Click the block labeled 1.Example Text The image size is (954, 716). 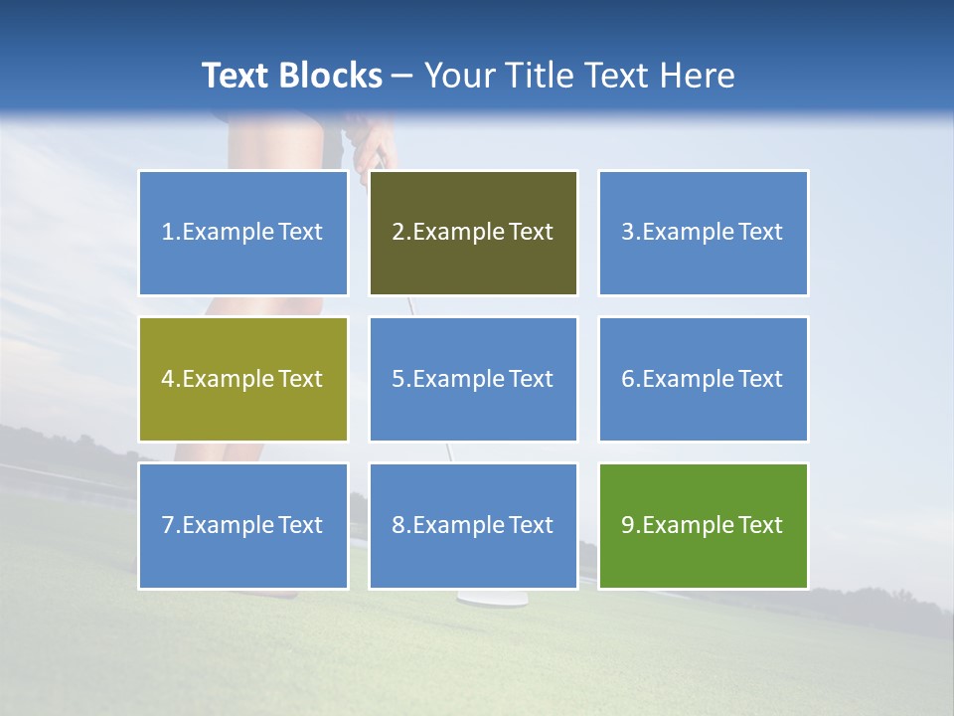(x=242, y=233)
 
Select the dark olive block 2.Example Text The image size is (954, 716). (x=473, y=233)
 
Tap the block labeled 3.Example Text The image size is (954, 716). (x=703, y=233)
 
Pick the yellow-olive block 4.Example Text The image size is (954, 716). (x=242, y=379)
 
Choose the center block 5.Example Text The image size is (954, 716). (x=473, y=379)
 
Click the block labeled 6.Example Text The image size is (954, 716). (x=703, y=379)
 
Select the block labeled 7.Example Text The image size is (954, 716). (x=242, y=525)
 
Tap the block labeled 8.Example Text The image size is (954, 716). (x=473, y=525)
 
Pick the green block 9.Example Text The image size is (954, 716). (x=703, y=525)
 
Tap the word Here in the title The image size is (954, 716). (x=699, y=76)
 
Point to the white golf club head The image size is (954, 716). (x=477, y=598)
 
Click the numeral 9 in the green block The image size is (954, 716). (x=628, y=525)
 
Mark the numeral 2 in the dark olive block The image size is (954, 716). (x=398, y=233)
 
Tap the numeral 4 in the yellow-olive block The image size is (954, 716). (x=168, y=379)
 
